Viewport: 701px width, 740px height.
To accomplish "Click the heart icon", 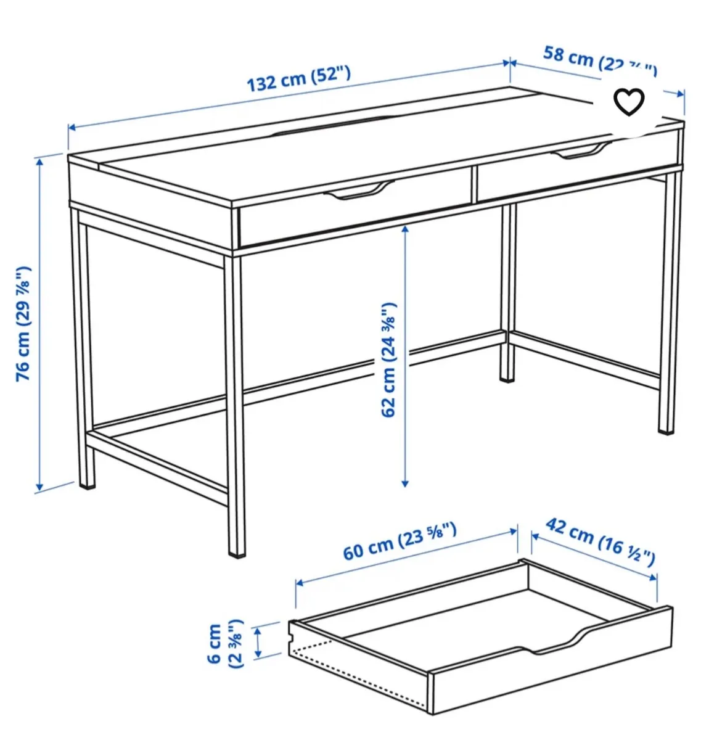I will (629, 102).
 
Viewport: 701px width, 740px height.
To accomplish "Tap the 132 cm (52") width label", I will (299, 78).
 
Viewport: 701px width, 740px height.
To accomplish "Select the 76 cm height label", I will (23, 323).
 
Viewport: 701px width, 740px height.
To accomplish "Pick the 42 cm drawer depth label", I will (599, 541).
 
